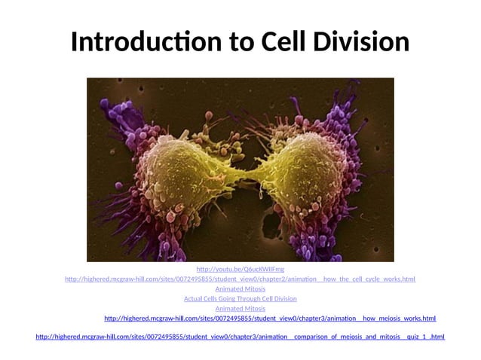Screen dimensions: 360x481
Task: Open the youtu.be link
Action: pos(240,269)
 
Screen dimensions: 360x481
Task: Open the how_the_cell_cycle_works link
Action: pos(240,279)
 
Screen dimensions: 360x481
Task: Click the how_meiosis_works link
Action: pos(270,319)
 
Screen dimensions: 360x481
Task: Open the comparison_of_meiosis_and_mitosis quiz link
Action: pos(240,337)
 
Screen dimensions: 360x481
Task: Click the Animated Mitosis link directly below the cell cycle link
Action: pos(240,289)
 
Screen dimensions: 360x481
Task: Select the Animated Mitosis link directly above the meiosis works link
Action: pos(240,309)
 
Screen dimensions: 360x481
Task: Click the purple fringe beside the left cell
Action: pos(121,166)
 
